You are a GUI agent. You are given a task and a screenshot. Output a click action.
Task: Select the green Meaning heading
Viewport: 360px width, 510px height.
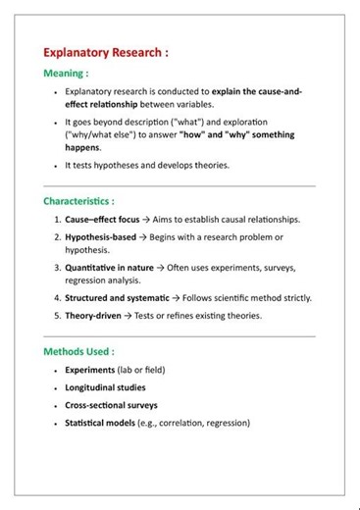click(66, 74)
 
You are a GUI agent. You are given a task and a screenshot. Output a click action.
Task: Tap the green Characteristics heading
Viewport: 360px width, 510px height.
click(78, 201)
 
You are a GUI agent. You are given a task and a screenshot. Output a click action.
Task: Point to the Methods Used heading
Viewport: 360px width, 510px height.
click(78, 351)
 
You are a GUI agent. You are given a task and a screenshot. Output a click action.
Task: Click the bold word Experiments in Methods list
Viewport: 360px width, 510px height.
click(91, 371)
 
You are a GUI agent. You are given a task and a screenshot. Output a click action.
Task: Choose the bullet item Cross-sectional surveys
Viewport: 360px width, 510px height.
click(111, 405)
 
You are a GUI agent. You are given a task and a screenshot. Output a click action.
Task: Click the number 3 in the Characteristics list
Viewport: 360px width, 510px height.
click(56, 267)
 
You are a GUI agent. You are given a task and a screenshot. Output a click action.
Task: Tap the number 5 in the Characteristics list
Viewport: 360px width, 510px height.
click(56, 316)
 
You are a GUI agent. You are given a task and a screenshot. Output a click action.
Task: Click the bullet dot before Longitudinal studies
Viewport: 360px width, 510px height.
click(55, 388)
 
